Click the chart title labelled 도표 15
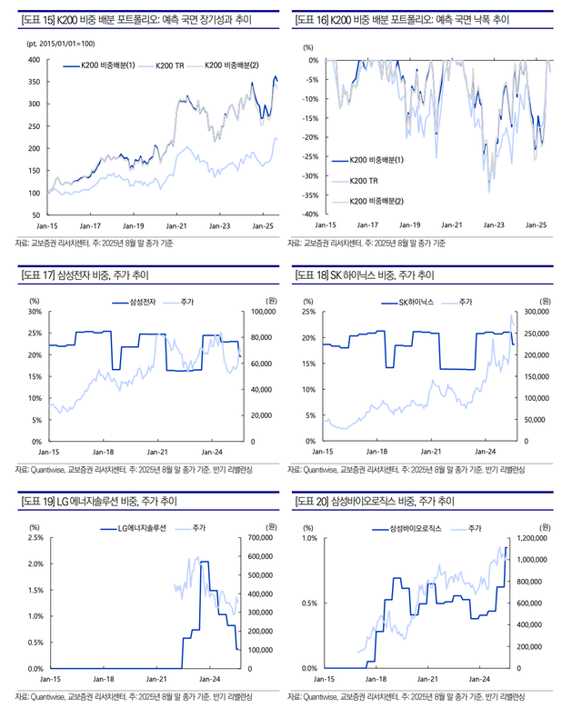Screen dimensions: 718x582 point(137,18)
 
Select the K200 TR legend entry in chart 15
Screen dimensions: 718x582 point(170,65)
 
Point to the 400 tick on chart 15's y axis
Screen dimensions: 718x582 point(34,60)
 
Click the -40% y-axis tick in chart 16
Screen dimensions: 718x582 point(308,214)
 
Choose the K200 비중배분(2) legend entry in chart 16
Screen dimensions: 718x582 point(377,201)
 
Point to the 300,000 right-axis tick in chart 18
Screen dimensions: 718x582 point(537,312)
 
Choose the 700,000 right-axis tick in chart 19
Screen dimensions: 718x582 point(262,538)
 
